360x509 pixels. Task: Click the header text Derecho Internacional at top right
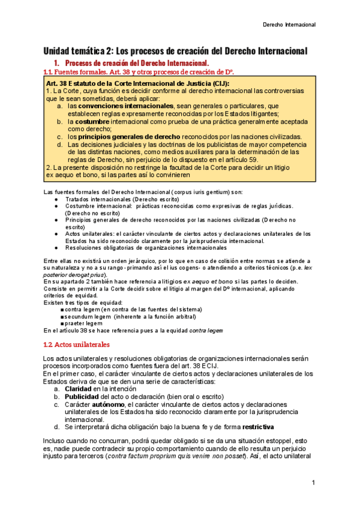coord(290,25)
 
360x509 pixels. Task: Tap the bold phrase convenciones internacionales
coord(116,106)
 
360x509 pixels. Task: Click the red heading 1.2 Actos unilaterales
coord(81,345)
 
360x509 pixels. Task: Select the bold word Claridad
coord(82,389)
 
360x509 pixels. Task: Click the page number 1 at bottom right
coord(313,483)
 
